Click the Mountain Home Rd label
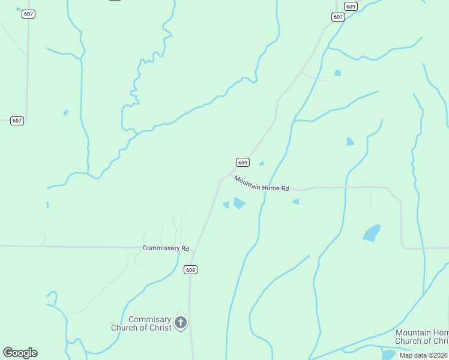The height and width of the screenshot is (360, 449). (261, 184)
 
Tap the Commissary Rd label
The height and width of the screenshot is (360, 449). (166, 248)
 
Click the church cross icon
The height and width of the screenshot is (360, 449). (180, 324)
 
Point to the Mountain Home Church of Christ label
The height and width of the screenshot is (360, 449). (423, 337)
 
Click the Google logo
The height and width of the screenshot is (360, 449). (20, 353)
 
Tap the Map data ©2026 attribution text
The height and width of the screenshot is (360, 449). (424, 355)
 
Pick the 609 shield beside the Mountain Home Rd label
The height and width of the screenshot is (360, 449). (242, 163)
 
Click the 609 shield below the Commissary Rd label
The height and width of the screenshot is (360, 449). (191, 270)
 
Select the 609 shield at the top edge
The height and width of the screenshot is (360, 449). (351, 7)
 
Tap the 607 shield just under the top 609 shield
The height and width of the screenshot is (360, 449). (338, 17)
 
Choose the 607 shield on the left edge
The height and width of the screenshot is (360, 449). (17, 121)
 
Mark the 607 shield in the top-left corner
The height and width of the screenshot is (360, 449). (28, 14)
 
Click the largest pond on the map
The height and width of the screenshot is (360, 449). (372, 233)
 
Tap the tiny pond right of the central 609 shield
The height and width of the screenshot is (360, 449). (261, 163)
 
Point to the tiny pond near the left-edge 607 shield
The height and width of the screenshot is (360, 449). (65, 112)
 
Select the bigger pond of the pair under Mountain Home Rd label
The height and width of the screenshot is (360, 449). (239, 203)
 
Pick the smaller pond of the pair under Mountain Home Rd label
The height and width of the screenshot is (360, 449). (226, 205)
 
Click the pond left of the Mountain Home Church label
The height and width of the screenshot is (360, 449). (388, 355)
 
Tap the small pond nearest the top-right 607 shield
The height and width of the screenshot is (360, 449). (337, 73)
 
